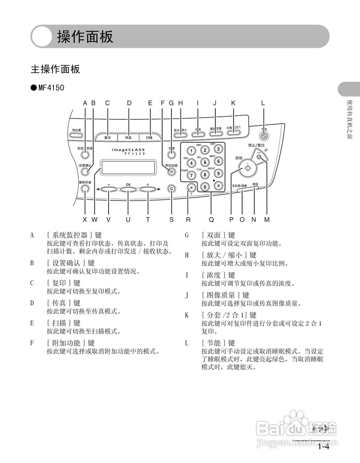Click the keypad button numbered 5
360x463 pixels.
205,162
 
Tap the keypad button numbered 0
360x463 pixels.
205,187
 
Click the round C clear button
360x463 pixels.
171,188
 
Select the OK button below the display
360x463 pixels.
128,189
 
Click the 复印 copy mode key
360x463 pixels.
107,137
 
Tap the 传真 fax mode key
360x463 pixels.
128,137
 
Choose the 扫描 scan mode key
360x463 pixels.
149,137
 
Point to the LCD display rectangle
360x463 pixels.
129,167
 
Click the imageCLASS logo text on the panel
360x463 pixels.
128,149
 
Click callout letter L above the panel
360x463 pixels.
263,103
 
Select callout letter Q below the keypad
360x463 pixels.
211,220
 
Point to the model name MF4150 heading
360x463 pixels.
51,88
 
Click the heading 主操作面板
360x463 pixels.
55,69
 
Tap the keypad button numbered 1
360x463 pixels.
191,150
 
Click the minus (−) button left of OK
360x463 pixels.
109,189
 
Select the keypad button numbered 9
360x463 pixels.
219,174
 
